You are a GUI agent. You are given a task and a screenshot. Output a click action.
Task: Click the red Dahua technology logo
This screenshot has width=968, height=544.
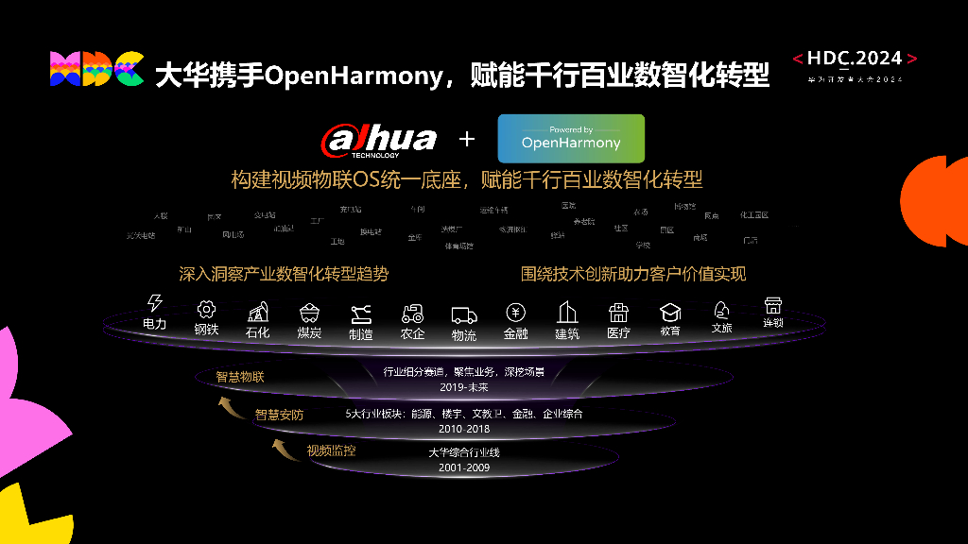[x=379, y=140]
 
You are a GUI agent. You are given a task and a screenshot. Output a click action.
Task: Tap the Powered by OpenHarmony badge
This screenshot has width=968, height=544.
[x=571, y=139]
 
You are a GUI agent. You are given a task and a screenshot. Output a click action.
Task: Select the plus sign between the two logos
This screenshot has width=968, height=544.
[x=466, y=140]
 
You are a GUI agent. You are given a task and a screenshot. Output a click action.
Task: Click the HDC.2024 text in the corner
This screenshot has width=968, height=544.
[x=855, y=59]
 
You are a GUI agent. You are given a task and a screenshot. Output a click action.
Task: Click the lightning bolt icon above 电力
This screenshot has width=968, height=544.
[x=155, y=303]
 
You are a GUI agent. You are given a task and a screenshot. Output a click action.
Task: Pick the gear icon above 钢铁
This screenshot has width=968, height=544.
[x=206, y=309]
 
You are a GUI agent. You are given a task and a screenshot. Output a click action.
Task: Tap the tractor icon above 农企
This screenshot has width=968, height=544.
[x=412, y=314]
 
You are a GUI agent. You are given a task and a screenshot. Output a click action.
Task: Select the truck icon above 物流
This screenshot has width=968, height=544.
[x=464, y=314]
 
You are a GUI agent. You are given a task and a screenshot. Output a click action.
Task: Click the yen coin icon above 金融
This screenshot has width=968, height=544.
[x=515, y=313]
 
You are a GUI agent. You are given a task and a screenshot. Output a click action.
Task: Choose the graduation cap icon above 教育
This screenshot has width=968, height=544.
[x=670, y=312]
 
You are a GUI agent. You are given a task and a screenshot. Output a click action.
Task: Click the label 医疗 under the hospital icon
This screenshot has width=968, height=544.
[x=618, y=332]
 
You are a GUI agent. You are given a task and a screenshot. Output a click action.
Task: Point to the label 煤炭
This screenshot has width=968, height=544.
[x=309, y=332]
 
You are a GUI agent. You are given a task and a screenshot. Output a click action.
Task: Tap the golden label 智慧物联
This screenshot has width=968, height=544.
[x=240, y=378]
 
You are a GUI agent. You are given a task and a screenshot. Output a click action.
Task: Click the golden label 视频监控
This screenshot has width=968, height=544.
[x=331, y=451]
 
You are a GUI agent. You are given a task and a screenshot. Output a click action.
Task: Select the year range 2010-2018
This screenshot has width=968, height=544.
[x=464, y=429]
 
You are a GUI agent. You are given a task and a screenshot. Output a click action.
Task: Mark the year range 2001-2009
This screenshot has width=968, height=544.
[x=464, y=467]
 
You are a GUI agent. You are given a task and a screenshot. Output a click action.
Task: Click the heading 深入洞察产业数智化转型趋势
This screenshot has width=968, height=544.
[x=284, y=274]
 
